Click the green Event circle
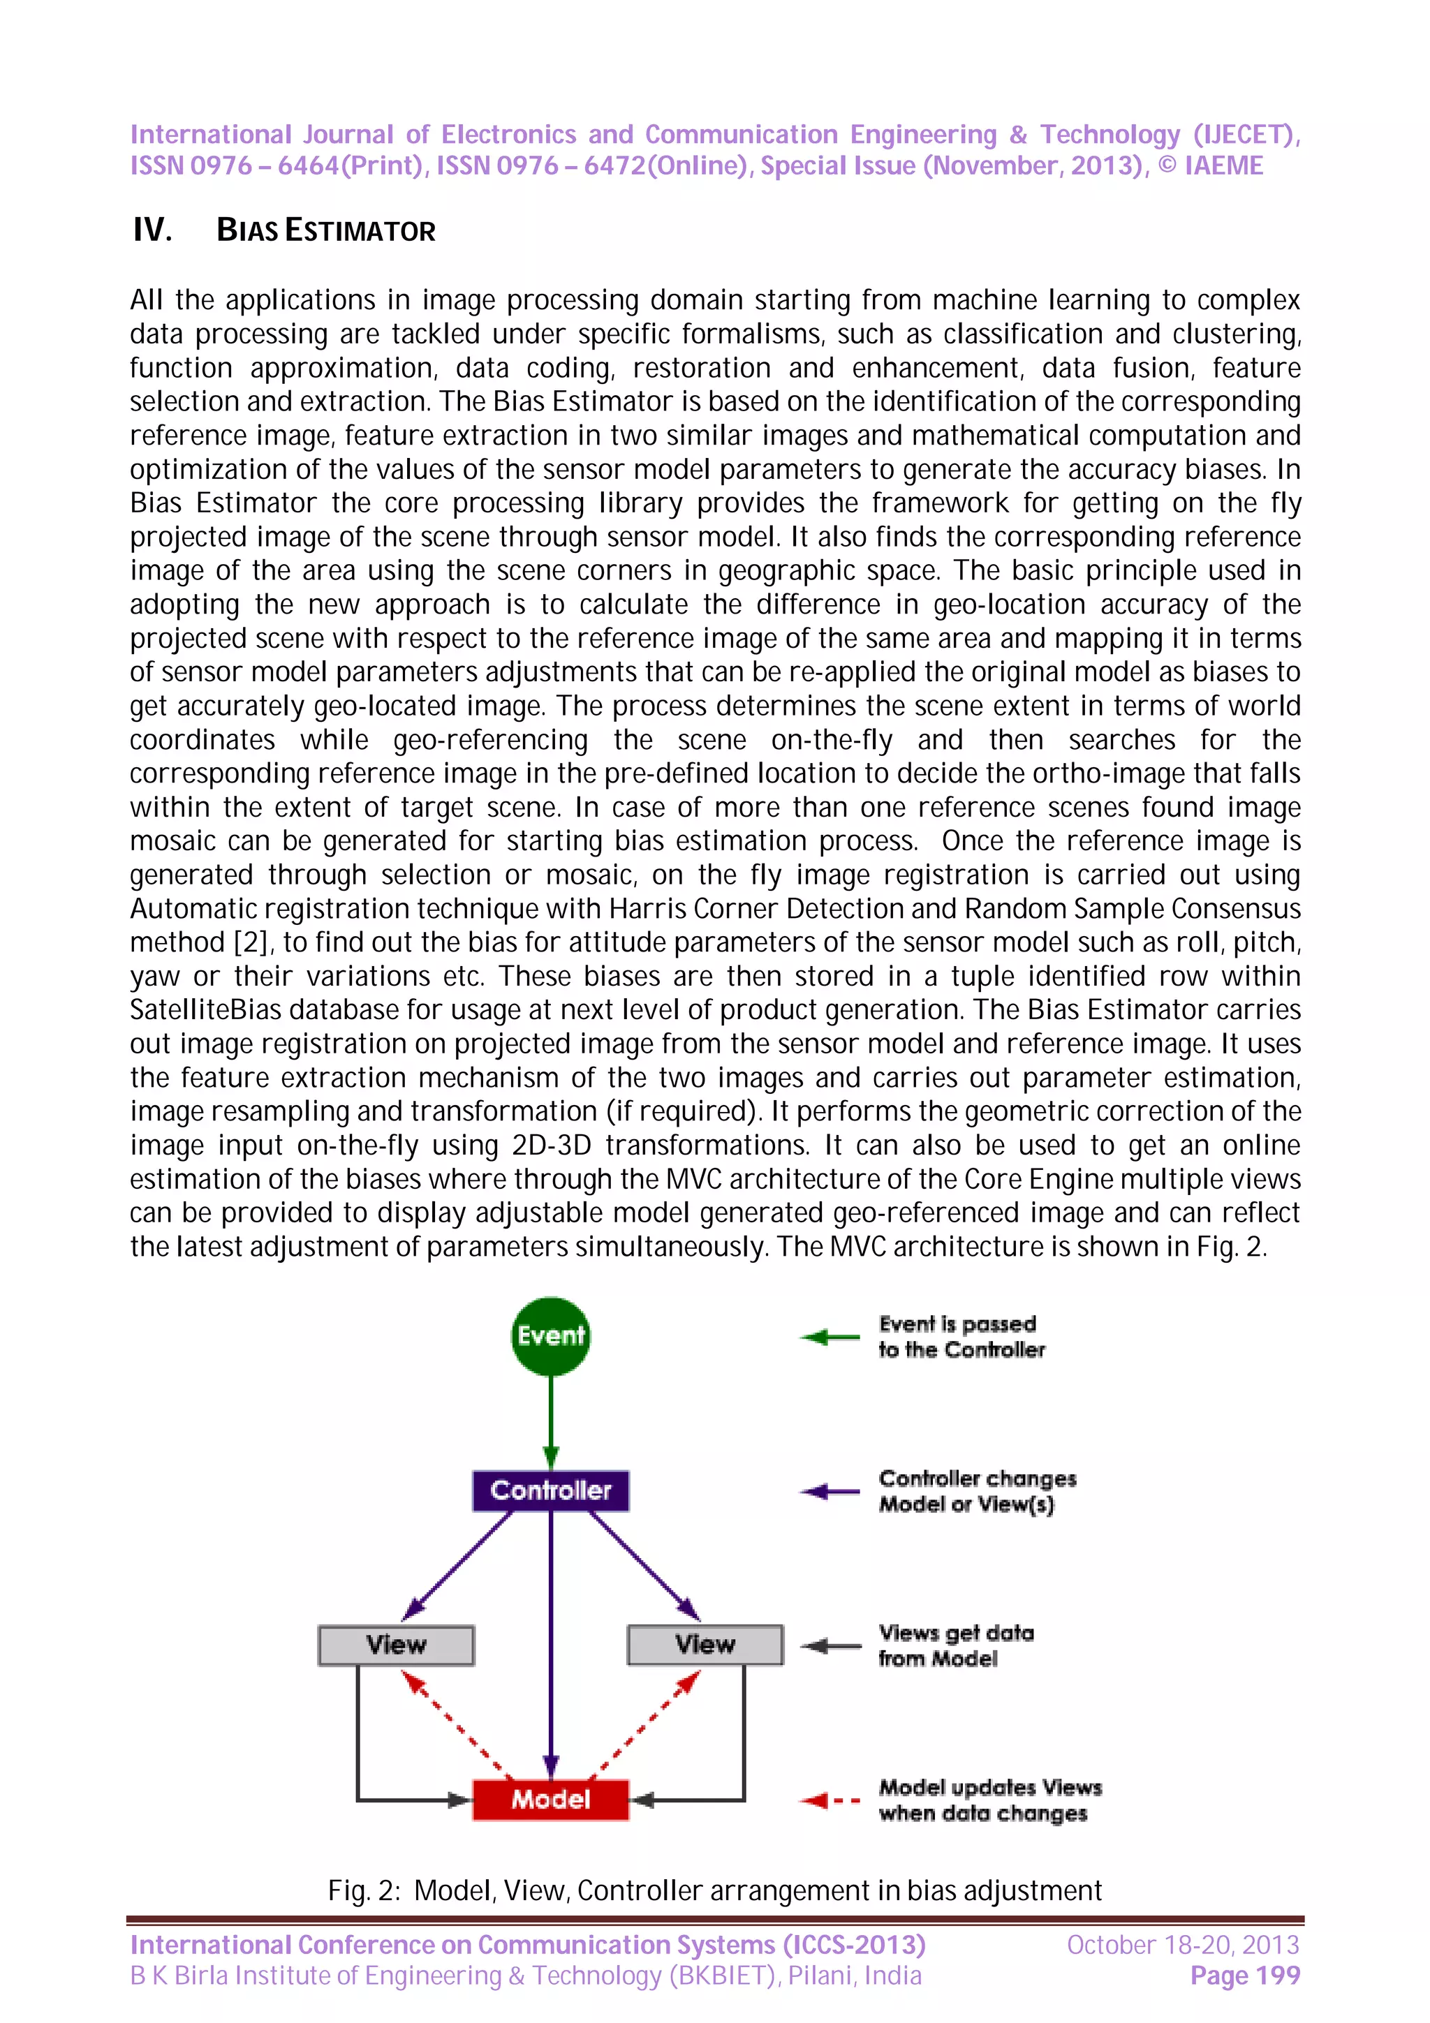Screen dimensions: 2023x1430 coord(551,1335)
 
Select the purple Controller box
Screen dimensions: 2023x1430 coord(551,1490)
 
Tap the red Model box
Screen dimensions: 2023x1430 coord(551,1798)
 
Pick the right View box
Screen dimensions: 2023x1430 coord(705,1644)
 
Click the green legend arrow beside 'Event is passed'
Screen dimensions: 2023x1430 coord(829,1337)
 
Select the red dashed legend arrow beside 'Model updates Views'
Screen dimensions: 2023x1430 coord(829,1800)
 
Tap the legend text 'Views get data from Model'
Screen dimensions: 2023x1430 coord(955,1645)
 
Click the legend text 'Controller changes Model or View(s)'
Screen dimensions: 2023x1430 coord(976,1491)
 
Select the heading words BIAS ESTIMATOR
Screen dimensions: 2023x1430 coord(326,231)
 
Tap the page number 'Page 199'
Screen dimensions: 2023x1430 coord(1244,1976)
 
